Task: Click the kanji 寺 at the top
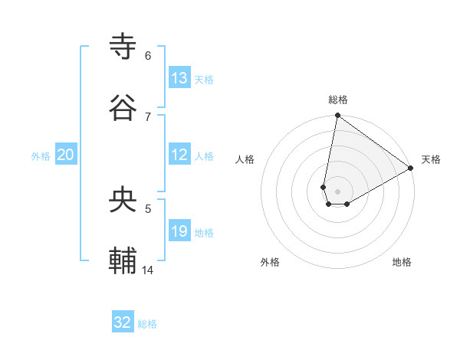click(x=123, y=47)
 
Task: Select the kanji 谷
click(x=123, y=108)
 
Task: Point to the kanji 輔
click(x=123, y=261)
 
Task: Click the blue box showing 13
click(x=179, y=78)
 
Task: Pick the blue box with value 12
click(x=179, y=155)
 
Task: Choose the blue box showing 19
click(x=179, y=232)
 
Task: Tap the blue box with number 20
click(x=66, y=155)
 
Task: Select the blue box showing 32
click(x=123, y=322)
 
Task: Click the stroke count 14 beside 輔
click(x=148, y=270)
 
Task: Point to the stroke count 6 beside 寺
click(x=147, y=55)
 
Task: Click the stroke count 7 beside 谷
click(x=147, y=116)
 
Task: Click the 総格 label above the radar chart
click(x=338, y=100)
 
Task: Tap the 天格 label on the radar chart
click(x=431, y=159)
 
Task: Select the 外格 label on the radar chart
click(x=270, y=262)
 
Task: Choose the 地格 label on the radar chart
click(x=402, y=262)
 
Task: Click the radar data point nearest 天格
click(x=411, y=169)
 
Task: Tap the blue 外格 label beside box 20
click(x=41, y=156)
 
